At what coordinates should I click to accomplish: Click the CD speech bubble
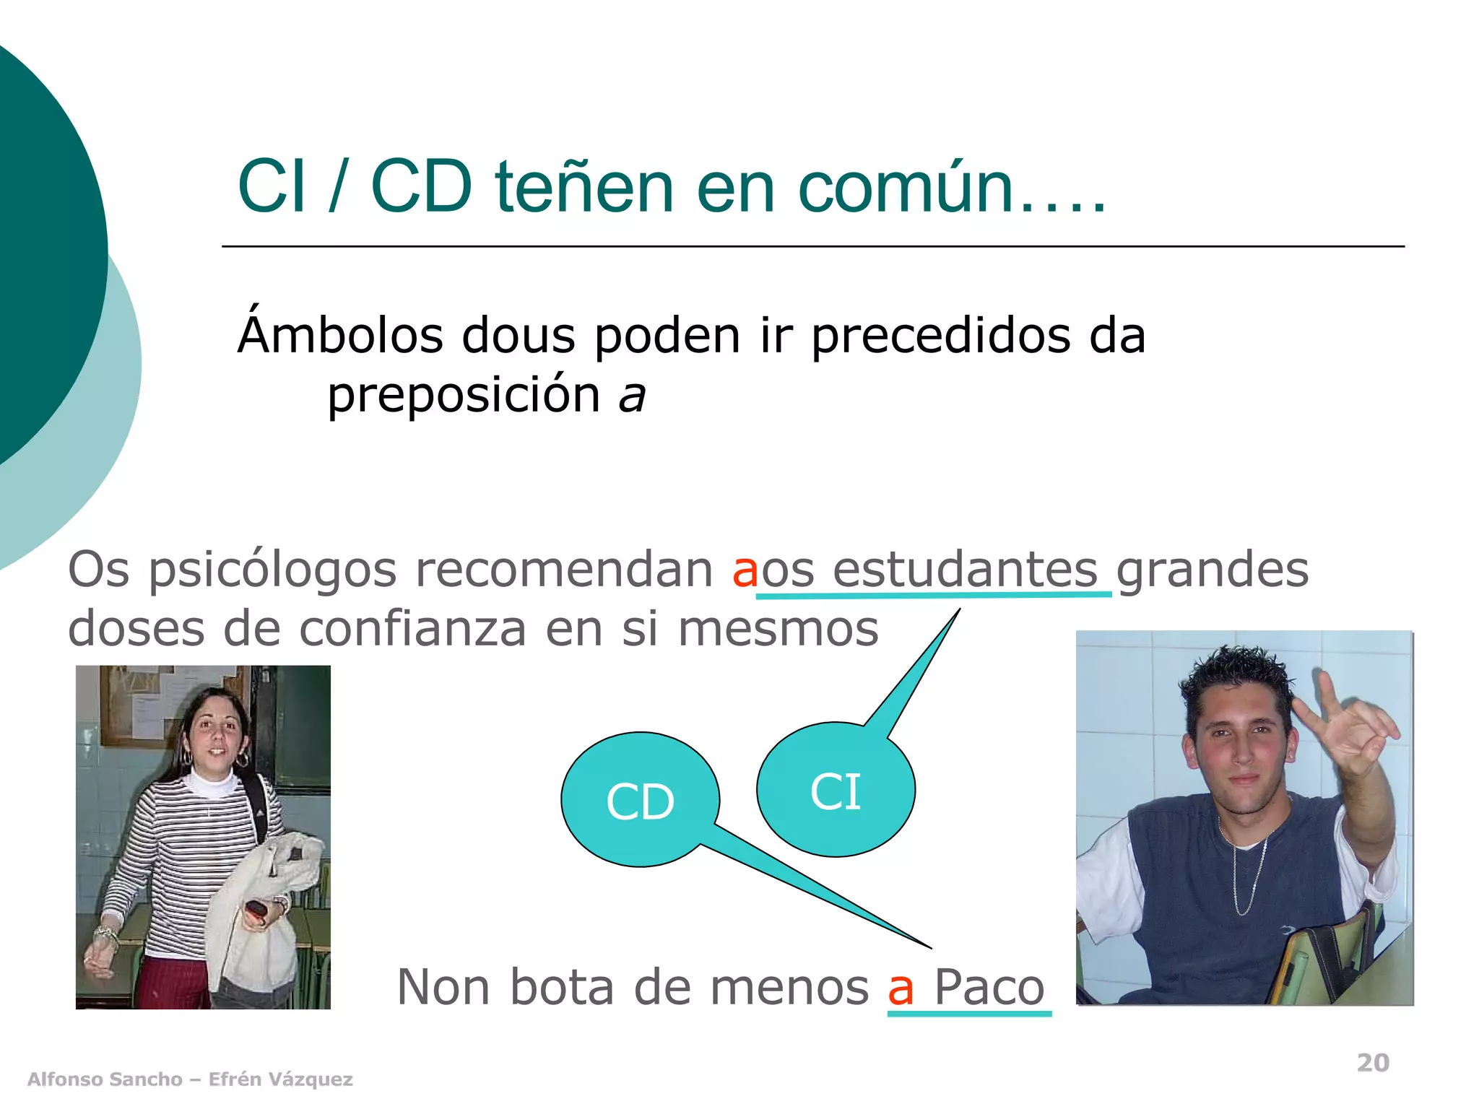640,800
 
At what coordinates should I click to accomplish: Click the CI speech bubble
836,791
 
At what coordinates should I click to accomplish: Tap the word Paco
989,987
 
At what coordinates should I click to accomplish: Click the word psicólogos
273,570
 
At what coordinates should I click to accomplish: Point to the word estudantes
965,570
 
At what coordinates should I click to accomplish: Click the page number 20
1373,1063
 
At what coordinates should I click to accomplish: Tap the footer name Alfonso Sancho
105,1079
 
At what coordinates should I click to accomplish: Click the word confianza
412,629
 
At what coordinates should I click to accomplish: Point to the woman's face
215,736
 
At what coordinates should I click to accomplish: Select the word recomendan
564,570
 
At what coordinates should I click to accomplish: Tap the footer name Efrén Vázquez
280,1079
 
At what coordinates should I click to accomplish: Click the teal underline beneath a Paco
969,1014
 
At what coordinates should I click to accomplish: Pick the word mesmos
778,629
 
